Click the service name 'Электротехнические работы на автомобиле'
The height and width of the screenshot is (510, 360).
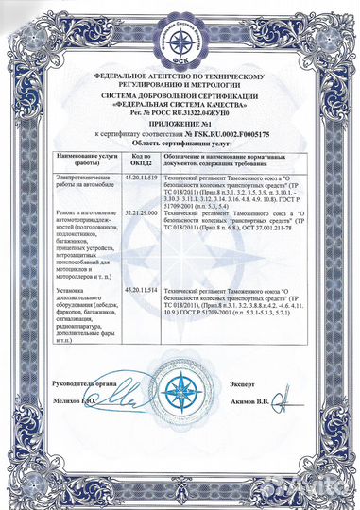point(86,181)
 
